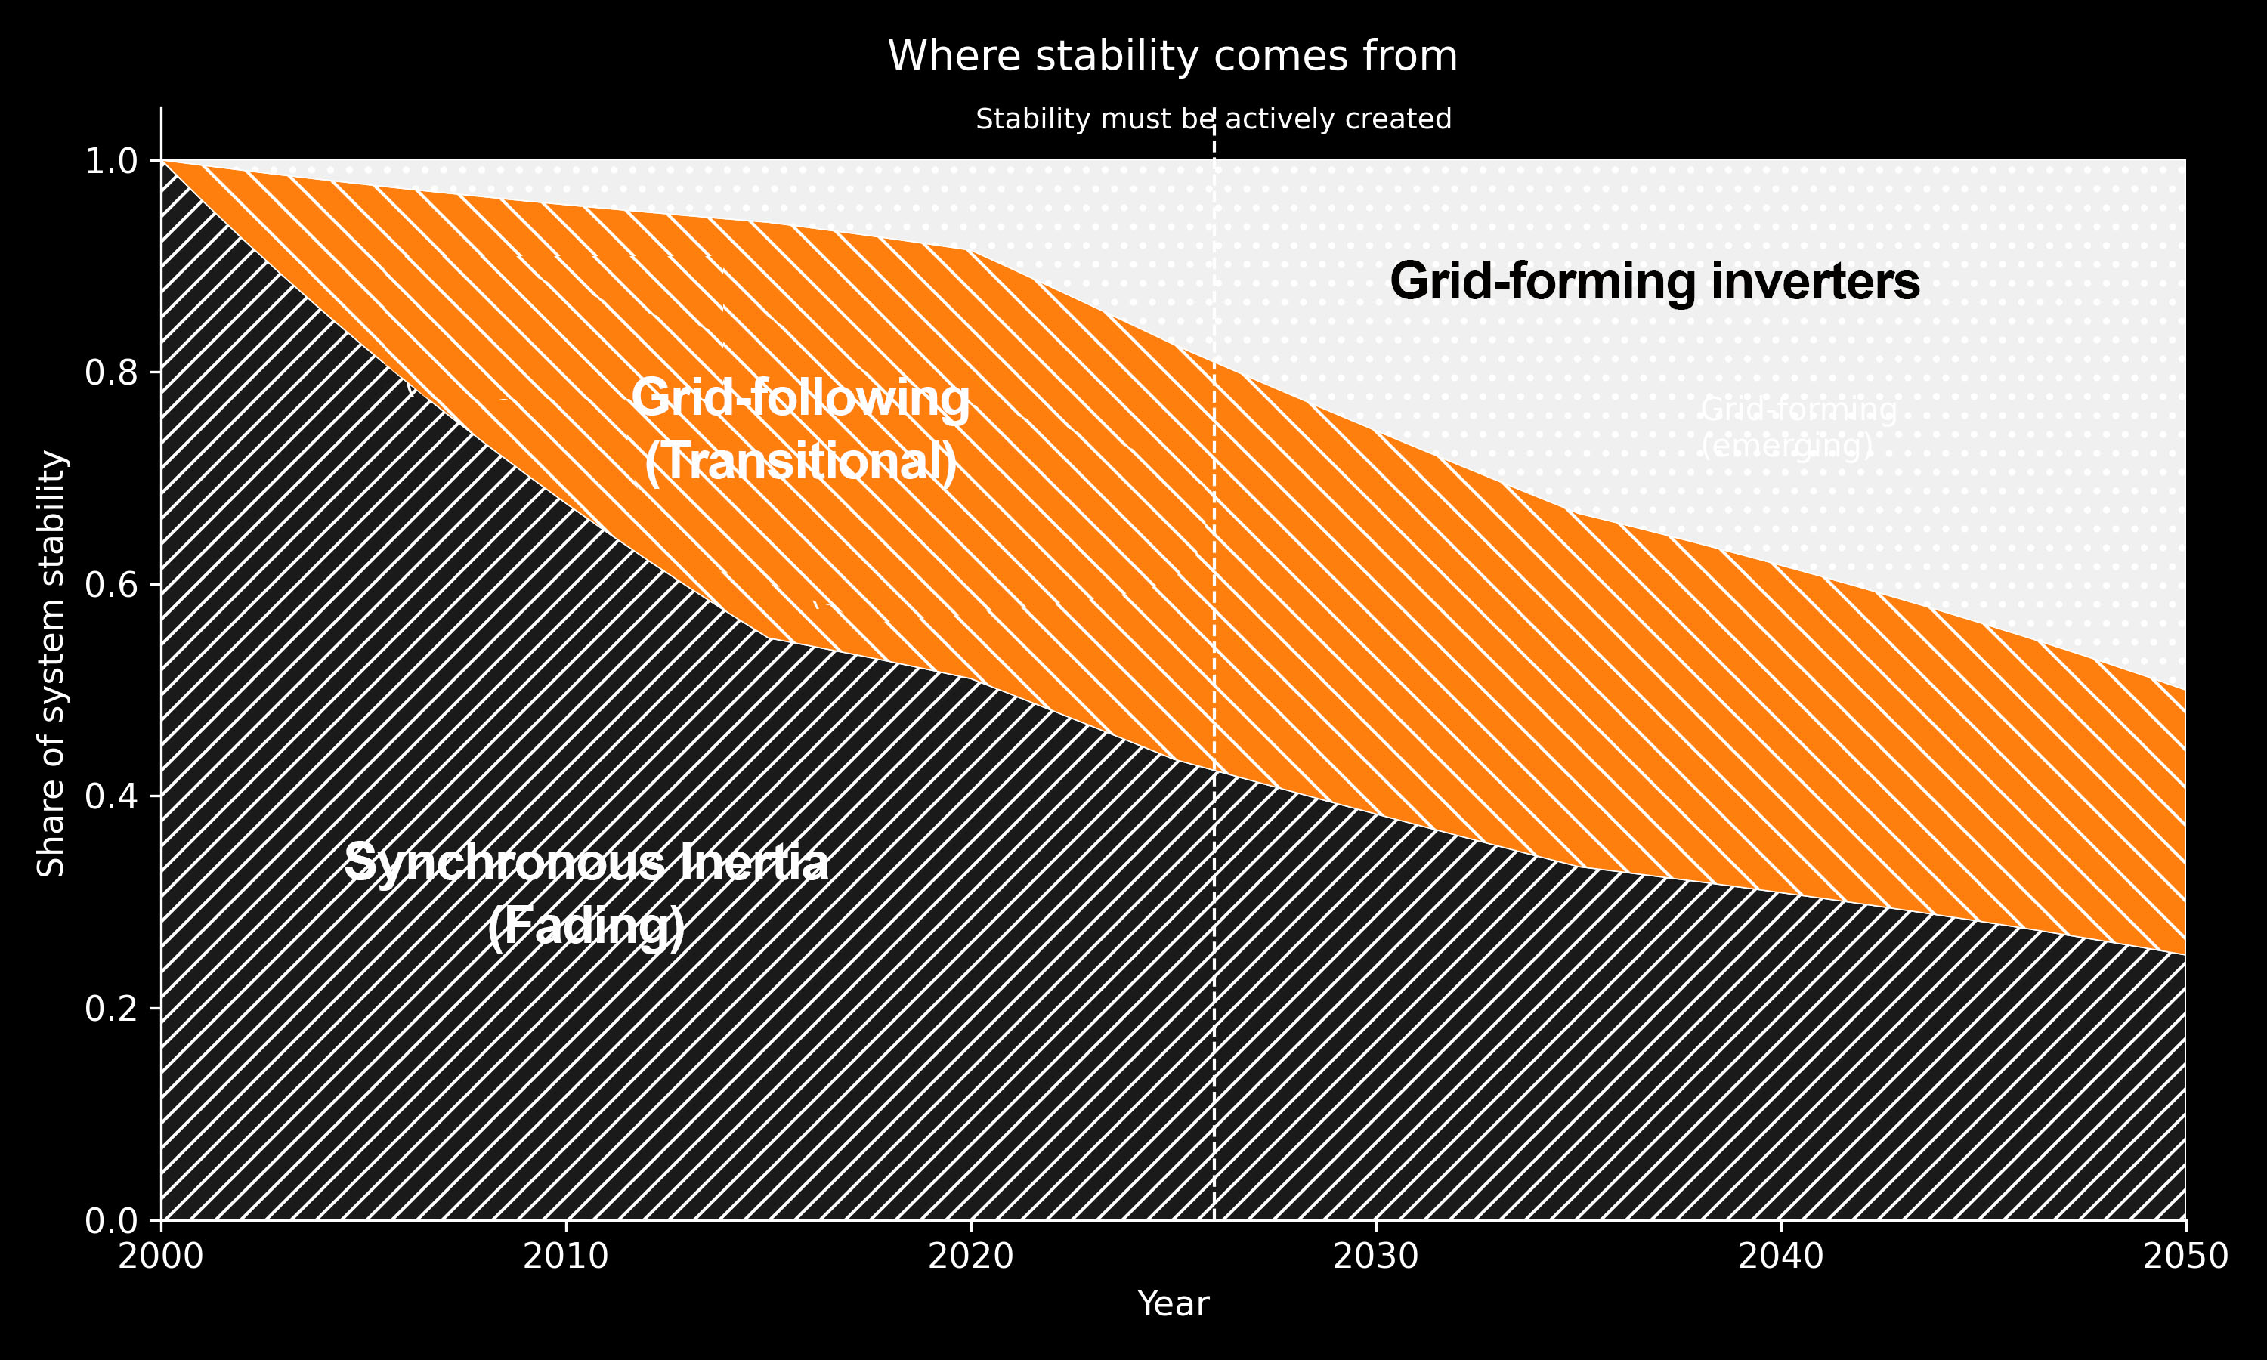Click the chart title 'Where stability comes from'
1172,56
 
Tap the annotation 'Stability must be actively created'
1213,119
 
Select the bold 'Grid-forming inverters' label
1654,281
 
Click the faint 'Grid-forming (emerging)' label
1798,427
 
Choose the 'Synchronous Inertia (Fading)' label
586,894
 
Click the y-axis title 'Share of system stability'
51,663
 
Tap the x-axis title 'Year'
1173,1303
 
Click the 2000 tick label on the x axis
161,1256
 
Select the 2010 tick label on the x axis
566,1256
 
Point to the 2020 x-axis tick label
971,1256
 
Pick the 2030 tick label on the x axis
1375,1256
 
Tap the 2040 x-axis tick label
1780,1256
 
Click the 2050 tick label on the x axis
2185,1256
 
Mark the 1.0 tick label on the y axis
111,161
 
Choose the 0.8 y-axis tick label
111,373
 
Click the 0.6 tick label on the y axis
111,585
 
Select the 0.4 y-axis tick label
111,797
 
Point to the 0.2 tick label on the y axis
111,1009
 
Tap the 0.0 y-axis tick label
111,1221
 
